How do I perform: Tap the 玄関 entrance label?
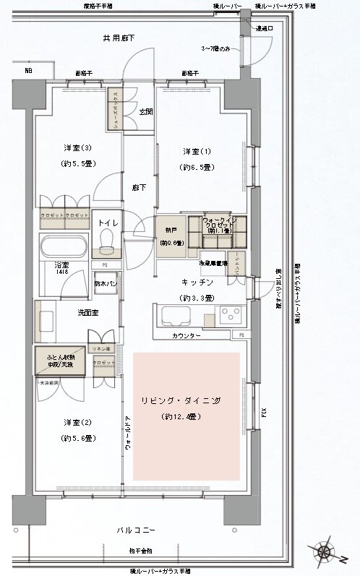145,112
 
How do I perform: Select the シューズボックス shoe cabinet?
113,108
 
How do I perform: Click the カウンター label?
186,337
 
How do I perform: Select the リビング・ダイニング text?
187,400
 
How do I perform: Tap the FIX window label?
264,413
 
